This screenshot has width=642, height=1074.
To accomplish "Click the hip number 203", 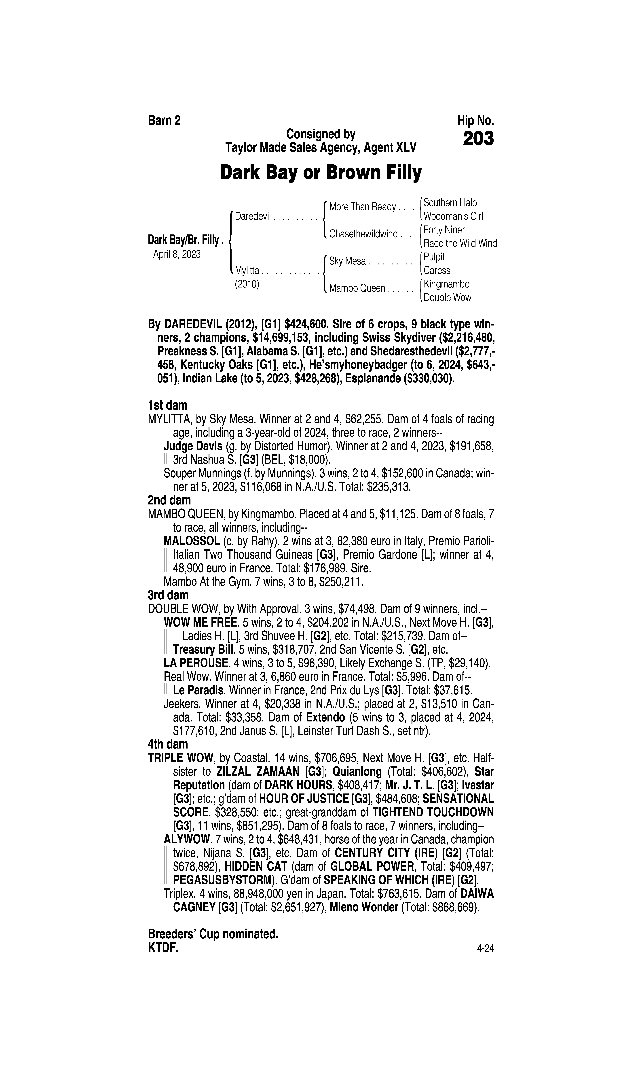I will (478, 139).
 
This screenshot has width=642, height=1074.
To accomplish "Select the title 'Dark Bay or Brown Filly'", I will (321, 173).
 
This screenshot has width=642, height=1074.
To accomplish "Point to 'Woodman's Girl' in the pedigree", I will (453, 216).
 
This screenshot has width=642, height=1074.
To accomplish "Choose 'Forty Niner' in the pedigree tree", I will (444, 230).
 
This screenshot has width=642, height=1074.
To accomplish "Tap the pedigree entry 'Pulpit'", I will (434, 257).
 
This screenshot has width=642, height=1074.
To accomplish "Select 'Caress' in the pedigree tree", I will (437, 270).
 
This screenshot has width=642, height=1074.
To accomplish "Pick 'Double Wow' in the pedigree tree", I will (447, 298).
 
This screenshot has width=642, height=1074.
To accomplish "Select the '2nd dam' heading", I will (169, 500).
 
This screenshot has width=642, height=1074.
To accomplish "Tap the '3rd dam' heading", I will (168, 595).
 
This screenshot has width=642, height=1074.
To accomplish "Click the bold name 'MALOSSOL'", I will (192, 541).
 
